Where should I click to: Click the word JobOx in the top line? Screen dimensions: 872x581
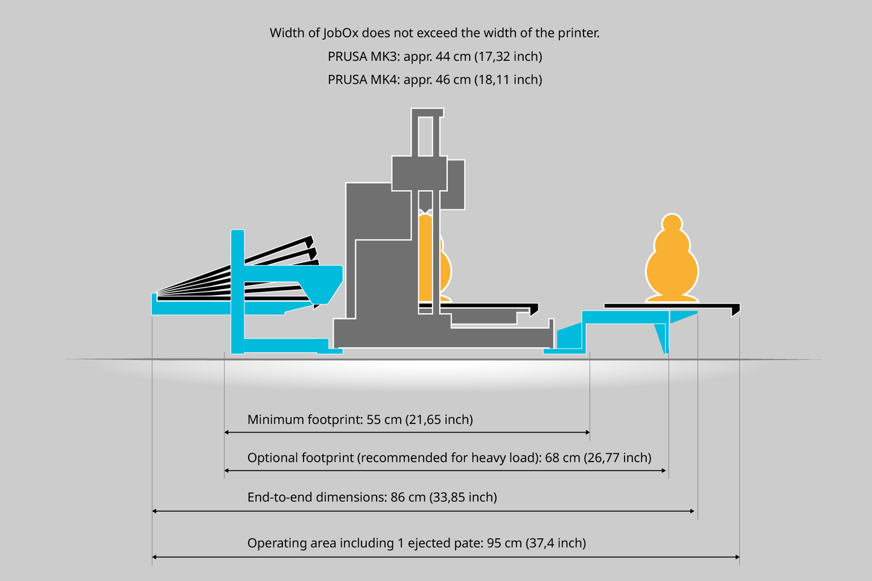[x=340, y=33]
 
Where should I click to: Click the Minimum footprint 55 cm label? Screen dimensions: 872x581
[x=360, y=419]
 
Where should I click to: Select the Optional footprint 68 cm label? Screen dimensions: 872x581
[x=449, y=458]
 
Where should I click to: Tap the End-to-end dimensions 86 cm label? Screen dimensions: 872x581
[x=372, y=497]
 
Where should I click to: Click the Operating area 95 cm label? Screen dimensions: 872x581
[x=416, y=543]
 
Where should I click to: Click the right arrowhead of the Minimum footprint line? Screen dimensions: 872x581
[x=588, y=433]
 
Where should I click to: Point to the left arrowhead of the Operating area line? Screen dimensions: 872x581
[x=154, y=557]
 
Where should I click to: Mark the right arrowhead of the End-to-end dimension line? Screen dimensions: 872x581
[x=692, y=512]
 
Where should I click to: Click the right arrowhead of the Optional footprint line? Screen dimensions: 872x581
[x=664, y=471]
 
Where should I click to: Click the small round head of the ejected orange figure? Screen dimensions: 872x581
[x=672, y=223]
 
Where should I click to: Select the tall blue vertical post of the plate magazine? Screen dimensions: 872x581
[x=238, y=291]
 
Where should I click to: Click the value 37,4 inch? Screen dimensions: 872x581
[x=556, y=543]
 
